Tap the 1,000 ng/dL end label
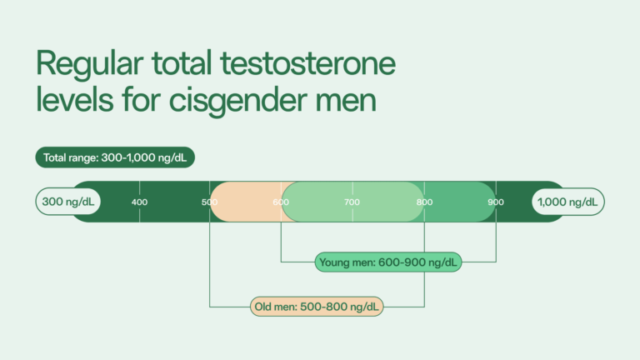point(569,202)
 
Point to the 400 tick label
point(139,202)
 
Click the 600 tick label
point(282,202)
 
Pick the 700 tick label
point(352,202)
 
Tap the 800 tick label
point(424,202)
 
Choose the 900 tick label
point(496,202)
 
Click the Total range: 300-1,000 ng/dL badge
point(115,157)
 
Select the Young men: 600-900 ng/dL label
point(388,262)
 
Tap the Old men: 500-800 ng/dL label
point(317,307)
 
